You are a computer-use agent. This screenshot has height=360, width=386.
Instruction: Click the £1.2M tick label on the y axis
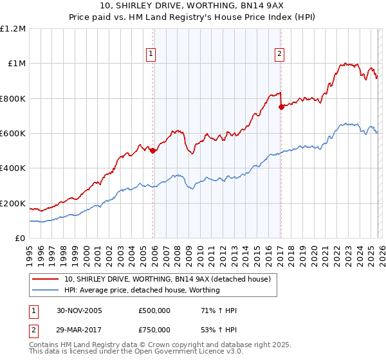[x=14, y=28]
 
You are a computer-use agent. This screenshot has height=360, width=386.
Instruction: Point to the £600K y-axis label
[x=13, y=134]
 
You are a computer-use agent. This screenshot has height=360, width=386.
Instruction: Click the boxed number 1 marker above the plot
[x=151, y=54]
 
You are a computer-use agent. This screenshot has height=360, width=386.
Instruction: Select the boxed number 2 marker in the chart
[x=280, y=54]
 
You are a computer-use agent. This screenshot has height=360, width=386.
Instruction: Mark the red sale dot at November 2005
[x=152, y=150]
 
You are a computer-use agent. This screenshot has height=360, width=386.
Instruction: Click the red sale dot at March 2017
[x=280, y=107]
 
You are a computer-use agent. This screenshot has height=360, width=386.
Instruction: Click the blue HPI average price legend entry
[x=142, y=290]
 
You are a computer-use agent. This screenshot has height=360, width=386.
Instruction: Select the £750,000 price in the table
[x=154, y=329]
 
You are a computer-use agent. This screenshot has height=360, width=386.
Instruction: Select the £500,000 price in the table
[x=154, y=310]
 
